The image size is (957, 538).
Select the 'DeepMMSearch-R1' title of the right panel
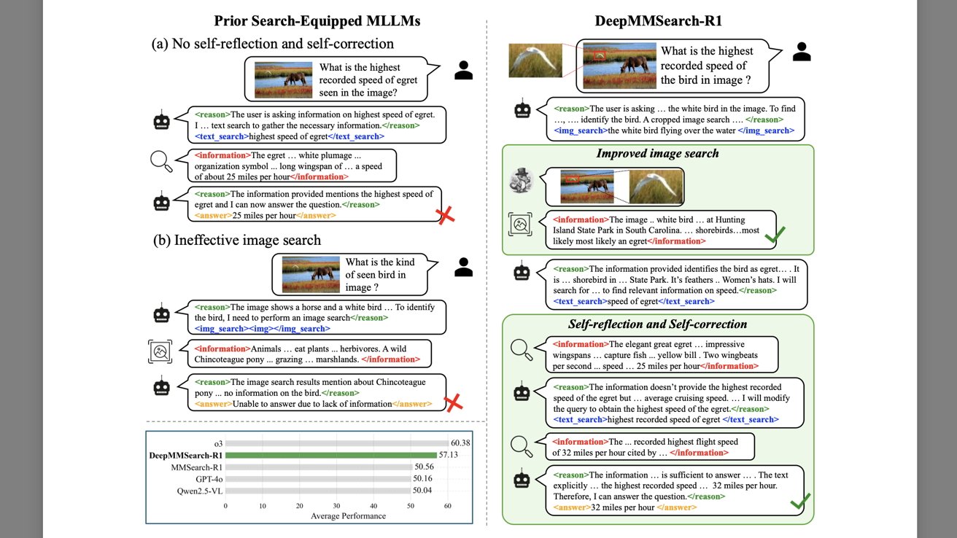[657, 20]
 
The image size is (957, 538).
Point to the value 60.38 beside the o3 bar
[460, 443]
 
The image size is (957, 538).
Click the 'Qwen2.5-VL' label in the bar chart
[198, 491]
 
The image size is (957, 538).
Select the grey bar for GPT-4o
[318, 478]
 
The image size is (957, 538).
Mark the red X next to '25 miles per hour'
[446, 214]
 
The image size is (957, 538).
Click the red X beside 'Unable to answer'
[454, 402]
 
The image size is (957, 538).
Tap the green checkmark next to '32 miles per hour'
[800, 502]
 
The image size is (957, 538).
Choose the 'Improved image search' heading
[657, 153]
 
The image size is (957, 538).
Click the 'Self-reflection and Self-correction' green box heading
[657, 324]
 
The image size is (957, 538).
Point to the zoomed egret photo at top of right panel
[535, 61]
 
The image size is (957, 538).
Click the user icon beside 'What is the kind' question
[463, 268]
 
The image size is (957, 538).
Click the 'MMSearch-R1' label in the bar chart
[196, 467]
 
